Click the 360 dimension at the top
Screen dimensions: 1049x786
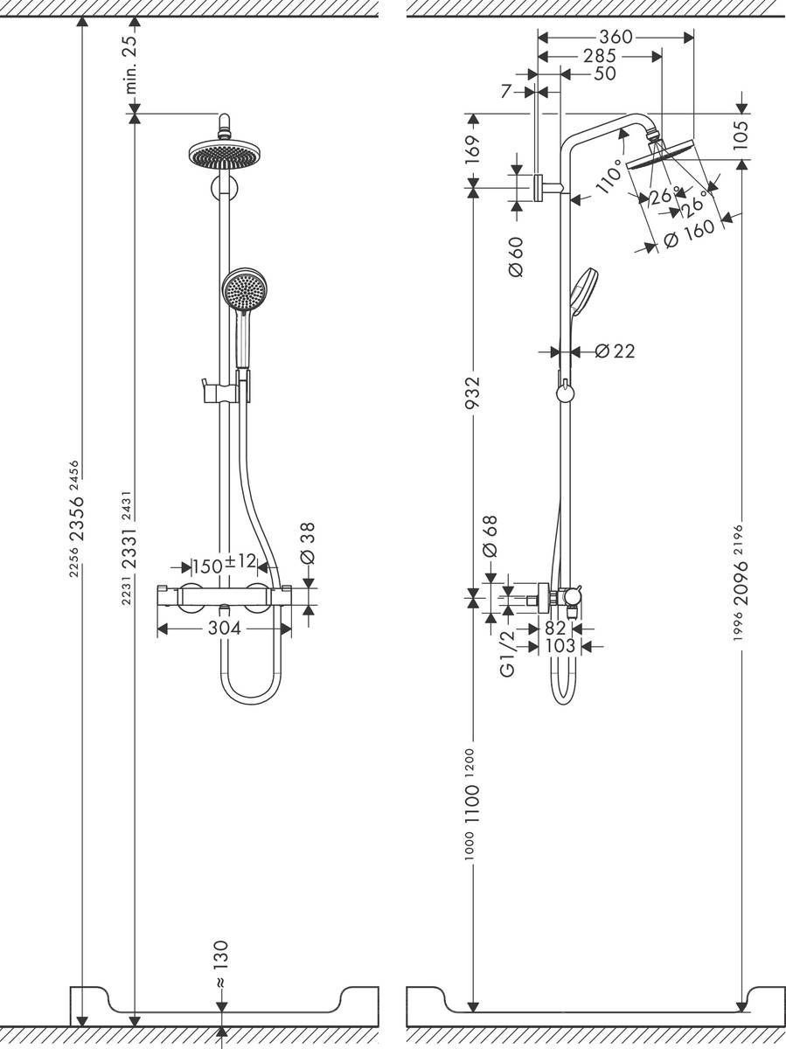click(616, 38)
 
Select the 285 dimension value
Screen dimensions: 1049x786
click(599, 56)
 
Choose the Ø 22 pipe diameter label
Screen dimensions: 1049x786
click(615, 351)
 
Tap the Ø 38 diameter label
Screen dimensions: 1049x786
click(307, 544)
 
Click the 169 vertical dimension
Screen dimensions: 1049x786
click(472, 149)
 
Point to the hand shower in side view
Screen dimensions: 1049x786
click(583, 288)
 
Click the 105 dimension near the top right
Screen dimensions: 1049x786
click(741, 136)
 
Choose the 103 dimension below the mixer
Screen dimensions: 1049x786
click(560, 646)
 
